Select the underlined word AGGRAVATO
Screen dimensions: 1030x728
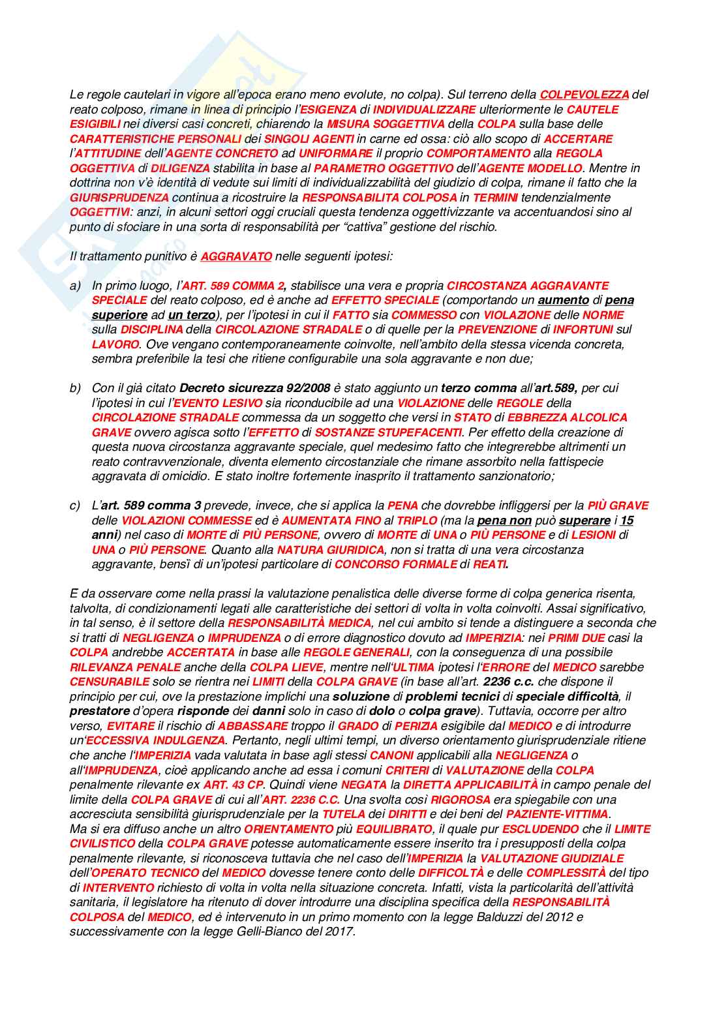point(236,256)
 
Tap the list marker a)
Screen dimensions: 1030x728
point(76,286)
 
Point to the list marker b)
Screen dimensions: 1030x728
point(76,388)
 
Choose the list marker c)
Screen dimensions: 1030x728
point(75,506)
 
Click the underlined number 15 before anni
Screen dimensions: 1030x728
point(626,521)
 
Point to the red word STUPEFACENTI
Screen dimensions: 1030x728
point(421,432)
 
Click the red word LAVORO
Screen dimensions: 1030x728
point(115,344)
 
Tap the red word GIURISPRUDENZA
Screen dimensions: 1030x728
point(119,198)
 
